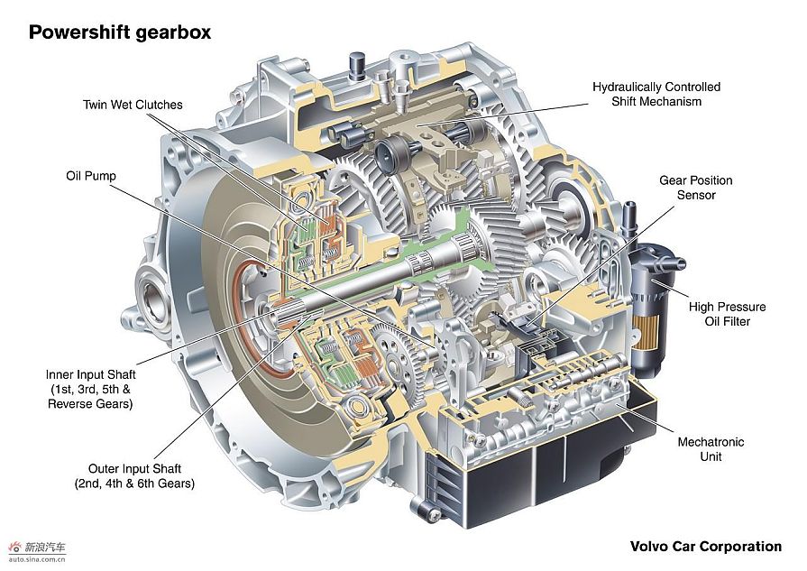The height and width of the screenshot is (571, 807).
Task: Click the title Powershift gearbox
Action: tap(120, 32)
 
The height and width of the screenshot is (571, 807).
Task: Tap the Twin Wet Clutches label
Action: tap(133, 105)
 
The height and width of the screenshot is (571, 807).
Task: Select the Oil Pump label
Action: tap(91, 175)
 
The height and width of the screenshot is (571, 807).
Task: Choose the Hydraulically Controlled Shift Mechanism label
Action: tap(656, 94)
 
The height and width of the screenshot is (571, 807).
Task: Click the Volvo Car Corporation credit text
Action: tap(705, 546)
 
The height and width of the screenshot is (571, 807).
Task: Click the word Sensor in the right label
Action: tap(696, 195)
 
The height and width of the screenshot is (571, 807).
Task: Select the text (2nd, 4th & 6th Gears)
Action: tap(134, 484)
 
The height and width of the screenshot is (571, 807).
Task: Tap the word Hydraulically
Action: tap(631, 87)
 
